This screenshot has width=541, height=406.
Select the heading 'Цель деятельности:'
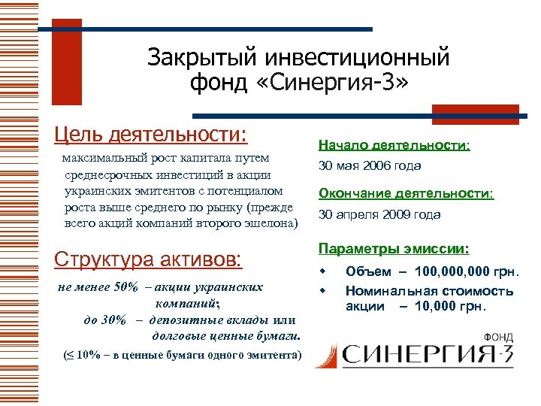150,135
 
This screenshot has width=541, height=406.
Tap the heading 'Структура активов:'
149,259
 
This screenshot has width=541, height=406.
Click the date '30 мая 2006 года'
370,165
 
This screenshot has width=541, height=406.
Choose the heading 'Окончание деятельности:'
406,193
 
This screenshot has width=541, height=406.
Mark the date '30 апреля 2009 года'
379,214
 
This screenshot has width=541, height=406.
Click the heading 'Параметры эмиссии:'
394,248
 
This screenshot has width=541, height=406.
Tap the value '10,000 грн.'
451,306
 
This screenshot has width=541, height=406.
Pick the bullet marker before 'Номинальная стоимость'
325,289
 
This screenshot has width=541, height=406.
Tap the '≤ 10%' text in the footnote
83,355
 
